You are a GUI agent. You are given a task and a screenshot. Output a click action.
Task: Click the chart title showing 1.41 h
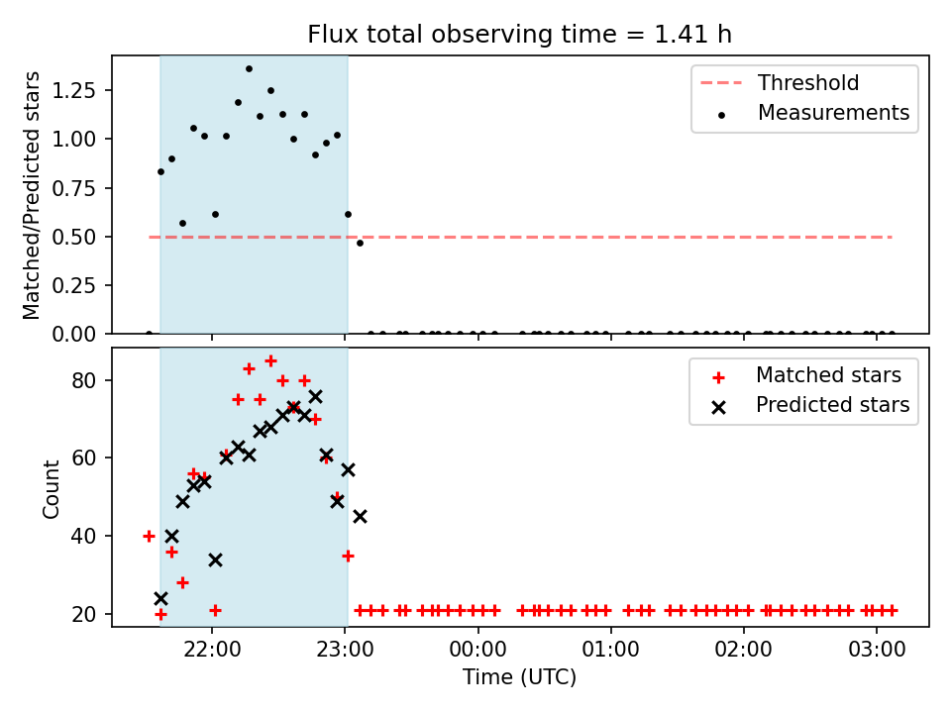520,34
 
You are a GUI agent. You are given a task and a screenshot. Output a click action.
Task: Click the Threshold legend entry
780,82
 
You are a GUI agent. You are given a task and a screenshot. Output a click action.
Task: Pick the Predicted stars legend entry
811,405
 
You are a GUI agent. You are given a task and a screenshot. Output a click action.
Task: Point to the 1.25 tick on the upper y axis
74,90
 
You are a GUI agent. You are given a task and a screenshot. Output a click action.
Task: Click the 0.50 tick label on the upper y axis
74,237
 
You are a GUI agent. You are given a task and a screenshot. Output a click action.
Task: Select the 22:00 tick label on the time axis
212,650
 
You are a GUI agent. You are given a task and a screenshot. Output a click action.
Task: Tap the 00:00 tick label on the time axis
477,650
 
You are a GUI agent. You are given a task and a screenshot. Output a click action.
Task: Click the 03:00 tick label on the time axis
877,650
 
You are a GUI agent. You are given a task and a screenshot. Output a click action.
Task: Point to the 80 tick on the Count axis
84,380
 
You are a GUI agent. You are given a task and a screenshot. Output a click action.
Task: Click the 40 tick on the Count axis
84,536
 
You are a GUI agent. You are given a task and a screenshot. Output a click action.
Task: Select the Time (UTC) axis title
520,676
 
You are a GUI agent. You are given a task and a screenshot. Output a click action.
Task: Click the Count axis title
51,489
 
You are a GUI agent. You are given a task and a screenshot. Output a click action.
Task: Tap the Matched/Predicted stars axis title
31,195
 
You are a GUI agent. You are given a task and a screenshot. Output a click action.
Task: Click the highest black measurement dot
249,69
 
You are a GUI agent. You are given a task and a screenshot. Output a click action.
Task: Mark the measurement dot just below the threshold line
360,244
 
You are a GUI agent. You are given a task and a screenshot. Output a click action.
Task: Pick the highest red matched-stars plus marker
271,361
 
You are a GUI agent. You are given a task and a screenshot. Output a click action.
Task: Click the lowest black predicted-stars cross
160,598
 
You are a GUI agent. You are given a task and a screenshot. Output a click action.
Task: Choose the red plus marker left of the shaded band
150,536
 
